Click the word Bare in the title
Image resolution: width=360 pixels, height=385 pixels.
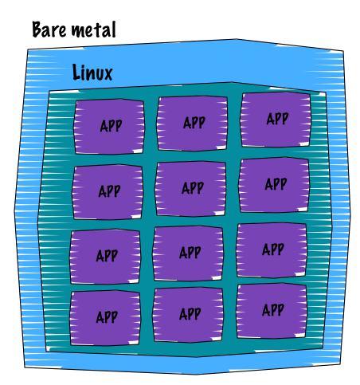point(49,29)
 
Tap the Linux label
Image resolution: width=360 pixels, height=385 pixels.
point(92,72)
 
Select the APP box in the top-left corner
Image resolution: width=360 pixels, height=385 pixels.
point(109,127)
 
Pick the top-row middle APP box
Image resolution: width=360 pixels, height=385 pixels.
point(192,124)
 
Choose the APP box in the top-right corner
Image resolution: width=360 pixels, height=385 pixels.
point(276,120)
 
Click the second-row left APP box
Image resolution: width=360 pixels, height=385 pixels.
point(108,192)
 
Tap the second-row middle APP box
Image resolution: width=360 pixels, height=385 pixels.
point(190,189)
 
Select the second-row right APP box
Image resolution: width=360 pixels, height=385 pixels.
point(274,185)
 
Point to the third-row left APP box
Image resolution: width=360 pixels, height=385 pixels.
point(105,257)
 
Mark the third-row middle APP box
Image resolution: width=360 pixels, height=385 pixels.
point(188,253)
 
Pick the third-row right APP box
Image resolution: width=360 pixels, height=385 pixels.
point(272,250)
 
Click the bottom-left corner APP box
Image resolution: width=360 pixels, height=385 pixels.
point(105,318)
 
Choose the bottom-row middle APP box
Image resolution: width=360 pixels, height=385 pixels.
point(188,315)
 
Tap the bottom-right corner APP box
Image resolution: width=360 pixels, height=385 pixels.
point(272,311)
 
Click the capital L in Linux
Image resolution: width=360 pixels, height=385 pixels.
point(76,72)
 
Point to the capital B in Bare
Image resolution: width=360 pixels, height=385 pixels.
point(37,29)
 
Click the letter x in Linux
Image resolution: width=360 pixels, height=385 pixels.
point(108,74)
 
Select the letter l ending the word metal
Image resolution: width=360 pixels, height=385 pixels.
point(114,29)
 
